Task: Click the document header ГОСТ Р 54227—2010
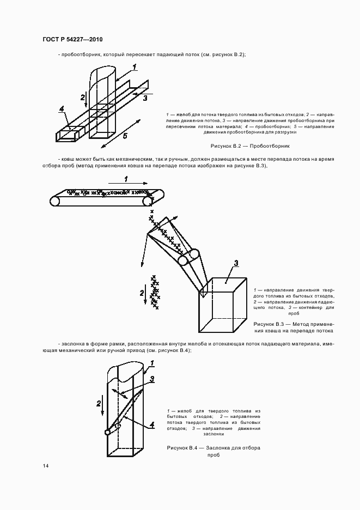pos(72,40)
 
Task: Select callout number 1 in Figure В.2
pos(134,67)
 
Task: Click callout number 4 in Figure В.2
pos(63,108)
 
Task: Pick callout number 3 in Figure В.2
pos(145,99)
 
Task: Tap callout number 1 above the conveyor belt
pos(125,178)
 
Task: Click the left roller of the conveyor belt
pos(55,201)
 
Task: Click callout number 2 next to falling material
pos(142,293)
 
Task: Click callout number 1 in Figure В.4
pos(152,363)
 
